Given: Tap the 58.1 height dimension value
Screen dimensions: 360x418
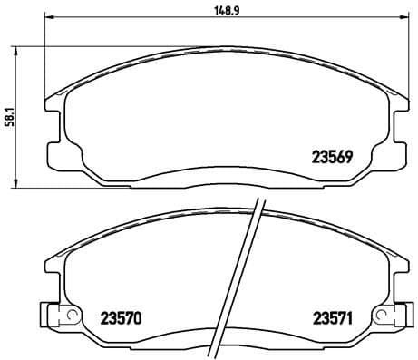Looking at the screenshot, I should [x=8, y=118].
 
